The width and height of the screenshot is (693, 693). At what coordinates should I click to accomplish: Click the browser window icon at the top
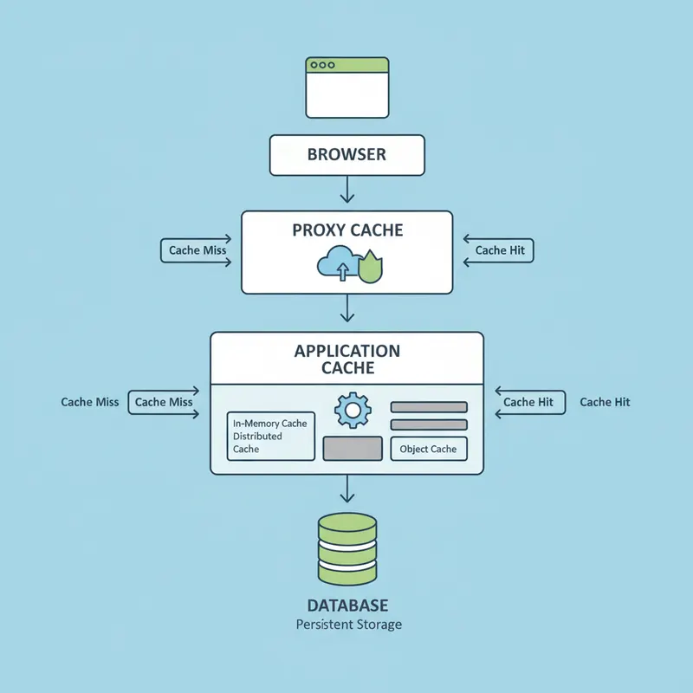pyautogui.click(x=346, y=87)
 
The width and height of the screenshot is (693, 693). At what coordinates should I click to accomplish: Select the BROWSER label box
pyautogui.click(x=346, y=155)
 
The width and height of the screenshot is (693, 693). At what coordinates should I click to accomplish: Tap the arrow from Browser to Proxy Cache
pyautogui.click(x=346, y=190)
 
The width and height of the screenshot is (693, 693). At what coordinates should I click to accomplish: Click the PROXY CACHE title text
pyautogui.click(x=346, y=230)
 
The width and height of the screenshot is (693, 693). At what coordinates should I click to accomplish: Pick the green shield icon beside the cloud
pyautogui.click(x=370, y=267)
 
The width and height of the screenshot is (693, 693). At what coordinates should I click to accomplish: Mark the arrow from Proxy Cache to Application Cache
pyautogui.click(x=346, y=308)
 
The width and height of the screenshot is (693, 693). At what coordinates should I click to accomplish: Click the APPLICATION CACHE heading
pyautogui.click(x=346, y=359)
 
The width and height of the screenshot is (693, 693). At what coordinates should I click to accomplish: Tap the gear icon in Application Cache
pyautogui.click(x=352, y=410)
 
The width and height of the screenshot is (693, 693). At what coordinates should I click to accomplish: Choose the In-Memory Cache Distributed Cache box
pyautogui.click(x=270, y=436)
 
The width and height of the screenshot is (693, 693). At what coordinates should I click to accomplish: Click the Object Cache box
pyautogui.click(x=428, y=449)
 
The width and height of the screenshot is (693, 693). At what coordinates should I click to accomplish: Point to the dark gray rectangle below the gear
pyautogui.click(x=353, y=449)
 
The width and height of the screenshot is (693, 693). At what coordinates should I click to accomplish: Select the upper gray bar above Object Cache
pyautogui.click(x=429, y=407)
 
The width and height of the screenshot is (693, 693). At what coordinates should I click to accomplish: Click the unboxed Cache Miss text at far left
pyautogui.click(x=90, y=402)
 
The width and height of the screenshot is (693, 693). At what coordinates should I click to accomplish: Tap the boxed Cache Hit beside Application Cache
pyautogui.click(x=530, y=402)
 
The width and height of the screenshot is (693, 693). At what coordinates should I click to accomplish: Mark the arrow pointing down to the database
pyautogui.click(x=346, y=491)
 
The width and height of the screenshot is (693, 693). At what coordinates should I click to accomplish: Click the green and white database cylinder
pyautogui.click(x=346, y=549)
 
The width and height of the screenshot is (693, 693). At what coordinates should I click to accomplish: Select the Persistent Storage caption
pyautogui.click(x=348, y=625)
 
